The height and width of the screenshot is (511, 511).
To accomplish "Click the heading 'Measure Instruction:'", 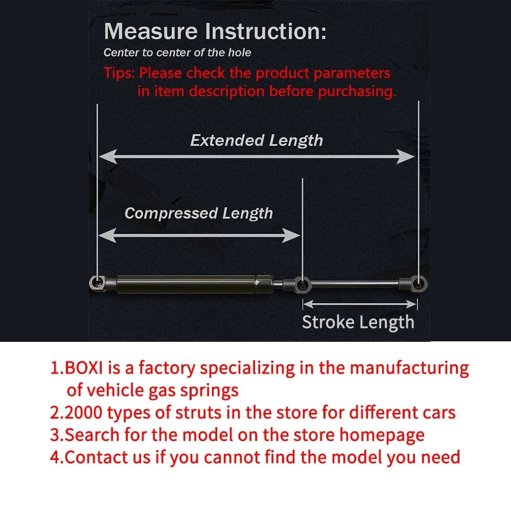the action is click(x=215, y=32).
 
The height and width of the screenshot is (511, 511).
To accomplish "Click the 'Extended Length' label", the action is click(x=257, y=141).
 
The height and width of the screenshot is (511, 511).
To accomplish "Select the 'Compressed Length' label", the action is click(x=199, y=213).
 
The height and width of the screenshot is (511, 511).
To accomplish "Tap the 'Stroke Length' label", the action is click(x=358, y=322).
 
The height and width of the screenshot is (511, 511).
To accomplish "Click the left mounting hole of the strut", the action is click(x=97, y=282).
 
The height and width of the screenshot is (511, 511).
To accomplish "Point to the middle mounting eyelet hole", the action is click(x=303, y=283).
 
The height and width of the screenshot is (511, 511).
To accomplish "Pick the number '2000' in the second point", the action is click(x=84, y=412).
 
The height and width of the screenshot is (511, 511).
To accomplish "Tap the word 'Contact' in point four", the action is click(x=98, y=457).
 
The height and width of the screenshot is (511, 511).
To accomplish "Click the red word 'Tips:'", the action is click(x=120, y=73).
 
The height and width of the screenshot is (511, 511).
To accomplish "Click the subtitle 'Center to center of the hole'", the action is click(x=177, y=53).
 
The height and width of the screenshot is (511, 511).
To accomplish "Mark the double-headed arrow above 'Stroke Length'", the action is click(x=360, y=305).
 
